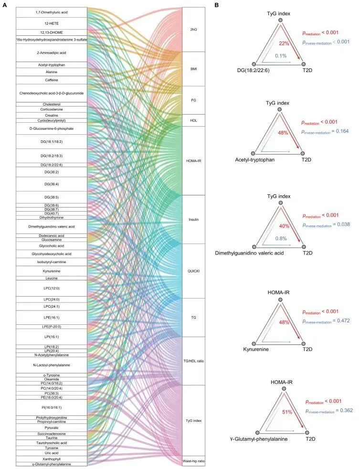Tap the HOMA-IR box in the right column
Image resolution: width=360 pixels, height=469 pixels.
[194, 160]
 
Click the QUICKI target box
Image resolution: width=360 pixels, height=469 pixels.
[194, 271]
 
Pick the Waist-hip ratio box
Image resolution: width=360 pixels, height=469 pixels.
[194, 461]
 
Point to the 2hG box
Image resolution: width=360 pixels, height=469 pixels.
[194, 30]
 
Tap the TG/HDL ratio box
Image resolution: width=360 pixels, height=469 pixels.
[194, 361]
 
